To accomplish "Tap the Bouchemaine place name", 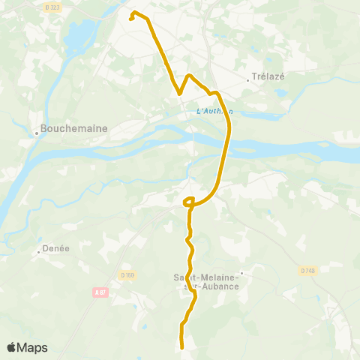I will click(75, 128).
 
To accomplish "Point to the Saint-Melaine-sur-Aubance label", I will click(201, 281).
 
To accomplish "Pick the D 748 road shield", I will click(308, 271).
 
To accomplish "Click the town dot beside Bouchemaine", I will click(36, 134).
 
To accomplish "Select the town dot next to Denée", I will click(38, 253).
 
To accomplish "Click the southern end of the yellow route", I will click(182, 346).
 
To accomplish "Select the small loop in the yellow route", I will click(189, 200).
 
